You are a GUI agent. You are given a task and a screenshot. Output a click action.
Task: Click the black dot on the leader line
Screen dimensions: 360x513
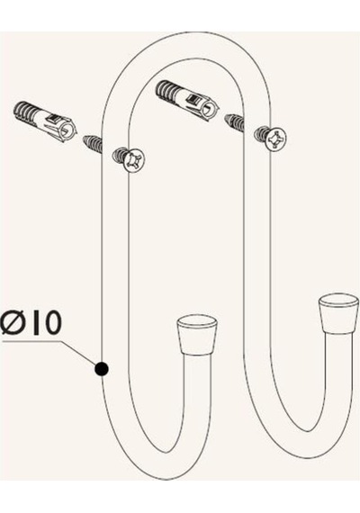102,369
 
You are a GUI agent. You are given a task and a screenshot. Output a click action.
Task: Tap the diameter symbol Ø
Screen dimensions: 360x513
13,322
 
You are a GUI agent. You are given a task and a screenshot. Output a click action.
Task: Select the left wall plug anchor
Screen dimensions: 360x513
44,121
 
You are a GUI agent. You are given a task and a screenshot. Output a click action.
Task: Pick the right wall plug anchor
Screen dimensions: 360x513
187,99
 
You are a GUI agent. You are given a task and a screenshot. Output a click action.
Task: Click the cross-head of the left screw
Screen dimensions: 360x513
134,160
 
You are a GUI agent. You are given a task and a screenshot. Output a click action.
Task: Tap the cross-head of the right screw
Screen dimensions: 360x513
275,139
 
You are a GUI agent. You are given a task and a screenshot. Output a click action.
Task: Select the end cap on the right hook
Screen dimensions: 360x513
338,313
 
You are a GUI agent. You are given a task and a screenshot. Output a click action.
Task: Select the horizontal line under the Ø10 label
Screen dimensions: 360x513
31,342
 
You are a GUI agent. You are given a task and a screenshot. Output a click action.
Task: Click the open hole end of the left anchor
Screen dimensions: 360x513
68,131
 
